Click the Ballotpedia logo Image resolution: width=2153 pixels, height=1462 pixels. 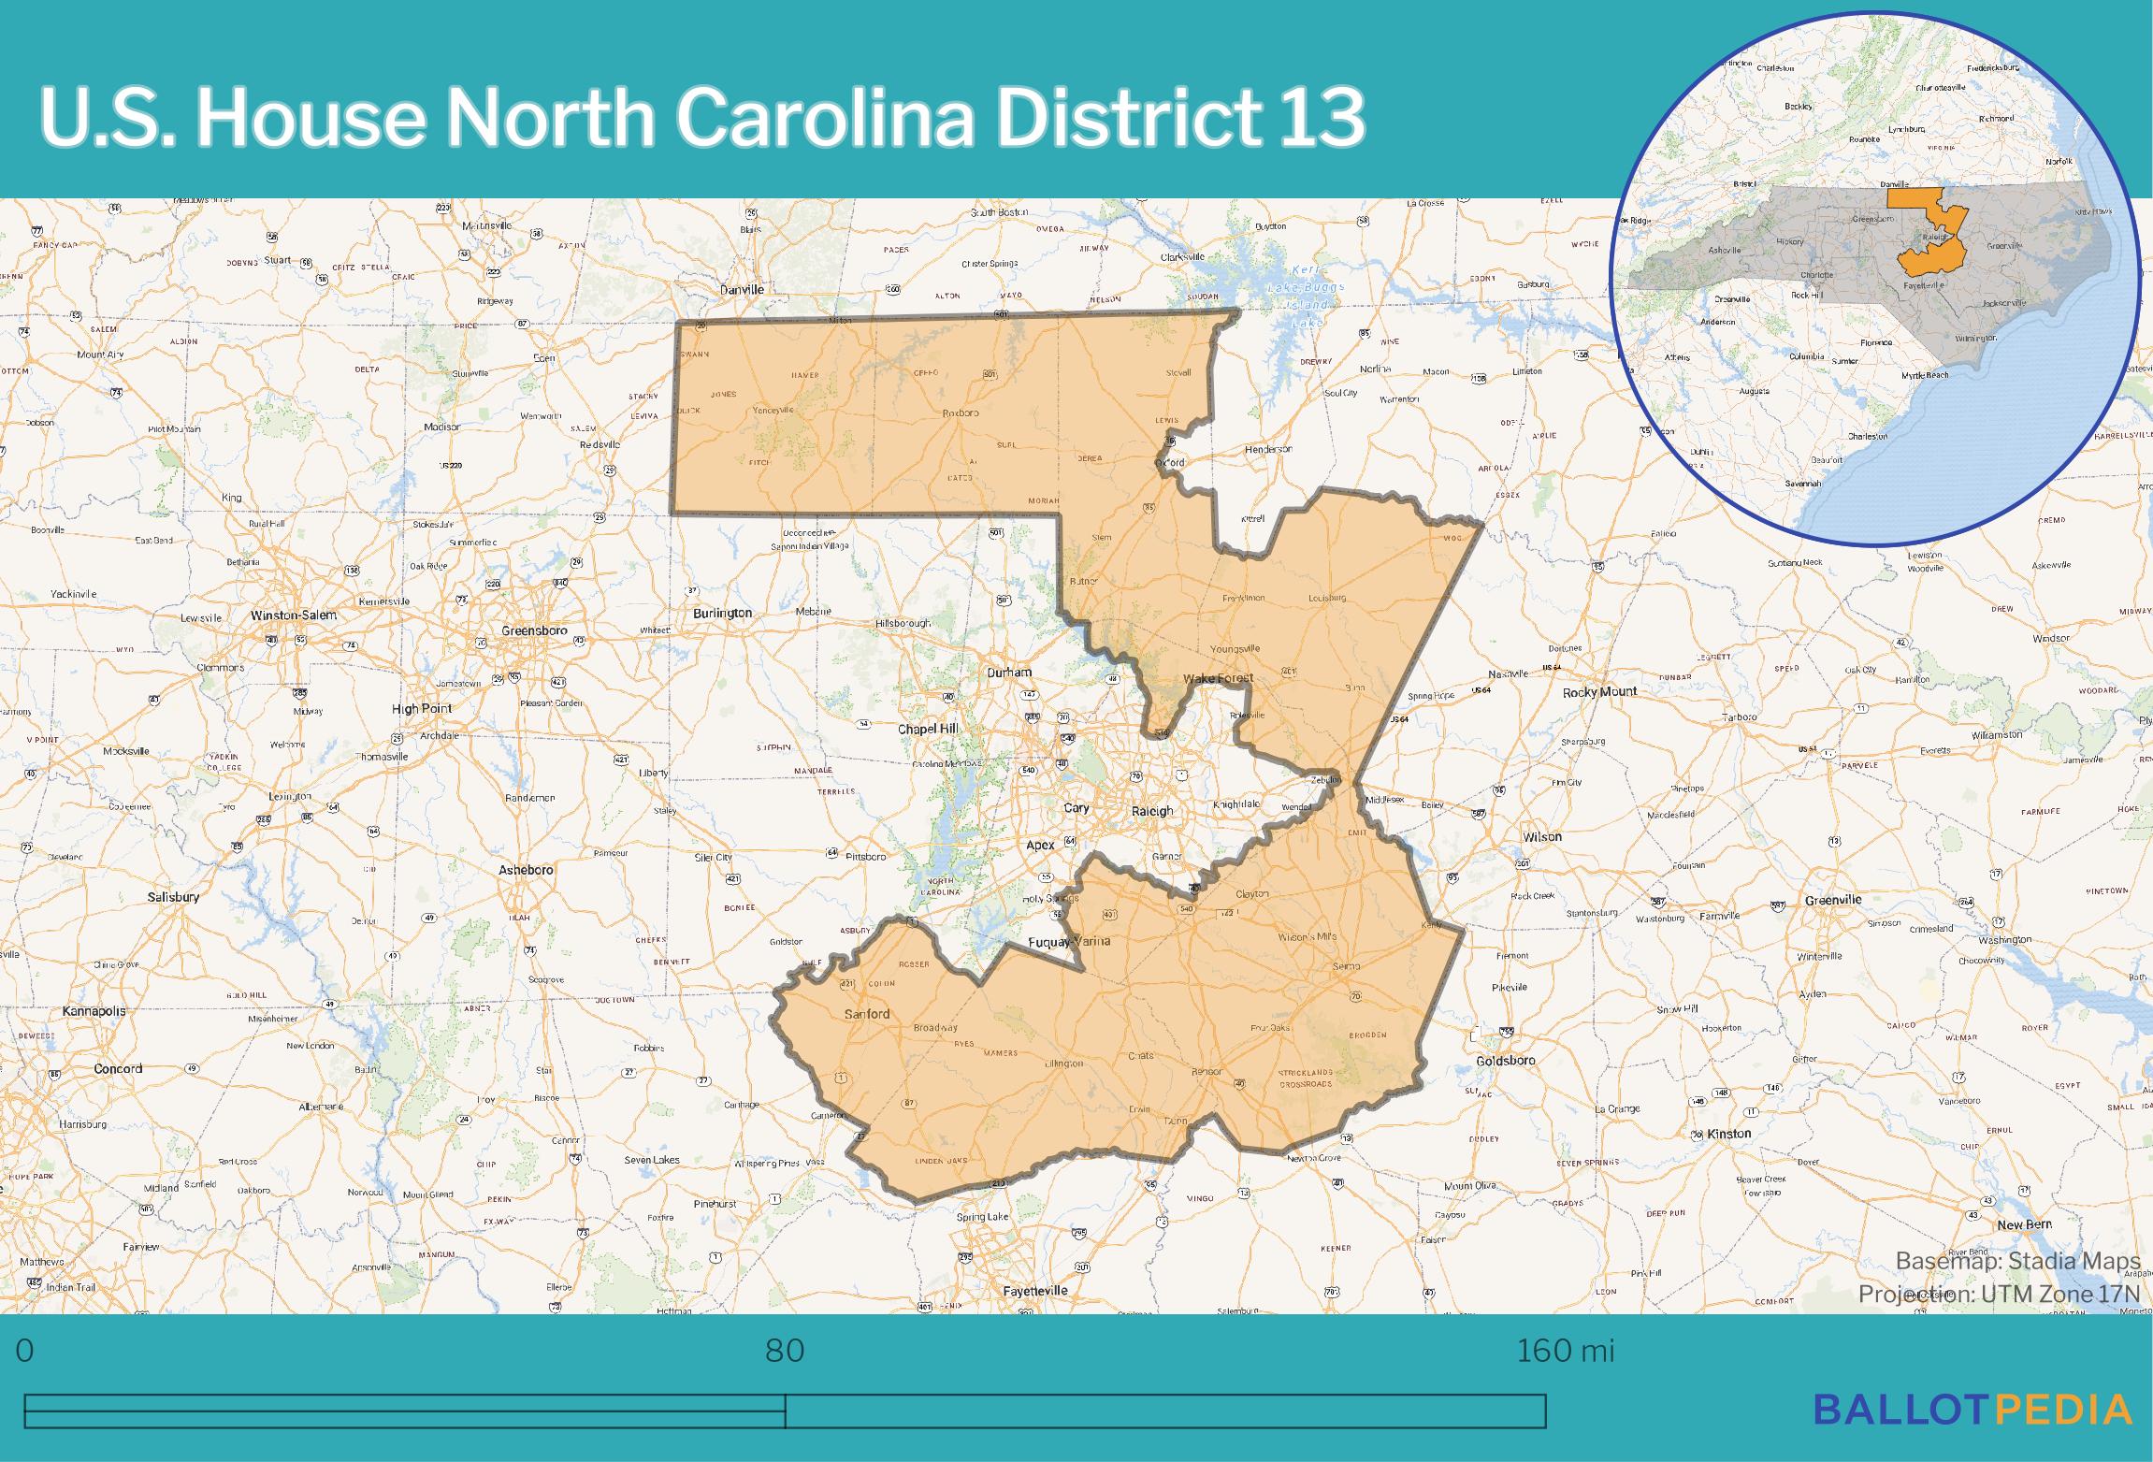pos(1972,1410)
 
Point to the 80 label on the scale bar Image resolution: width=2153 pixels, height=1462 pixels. pos(784,1350)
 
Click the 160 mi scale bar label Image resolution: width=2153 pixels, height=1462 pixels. pos(1565,1350)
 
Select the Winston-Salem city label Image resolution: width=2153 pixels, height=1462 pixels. pos(293,615)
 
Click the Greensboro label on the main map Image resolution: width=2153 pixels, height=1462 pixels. pos(534,630)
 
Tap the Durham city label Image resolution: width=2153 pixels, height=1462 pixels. pos(1009,673)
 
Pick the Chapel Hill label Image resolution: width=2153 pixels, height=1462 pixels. pos(928,729)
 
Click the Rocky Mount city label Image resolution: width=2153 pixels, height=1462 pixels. pos(1599,692)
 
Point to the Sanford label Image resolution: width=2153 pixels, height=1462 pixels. pos(867,1014)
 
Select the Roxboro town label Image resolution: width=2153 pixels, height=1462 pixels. pos(960,413)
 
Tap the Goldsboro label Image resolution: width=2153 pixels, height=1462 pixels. pos(1506,1061)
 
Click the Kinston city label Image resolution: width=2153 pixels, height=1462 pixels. pos(1728,1134)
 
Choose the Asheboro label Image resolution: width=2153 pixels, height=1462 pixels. pos(526,870)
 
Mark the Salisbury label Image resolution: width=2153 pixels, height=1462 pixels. pos(173,897)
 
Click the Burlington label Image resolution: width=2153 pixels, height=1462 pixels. pos(722,614)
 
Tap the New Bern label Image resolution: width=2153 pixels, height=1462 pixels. pos(2024,1224)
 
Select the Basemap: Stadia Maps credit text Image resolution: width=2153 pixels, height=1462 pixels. pos(2017,1261)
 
